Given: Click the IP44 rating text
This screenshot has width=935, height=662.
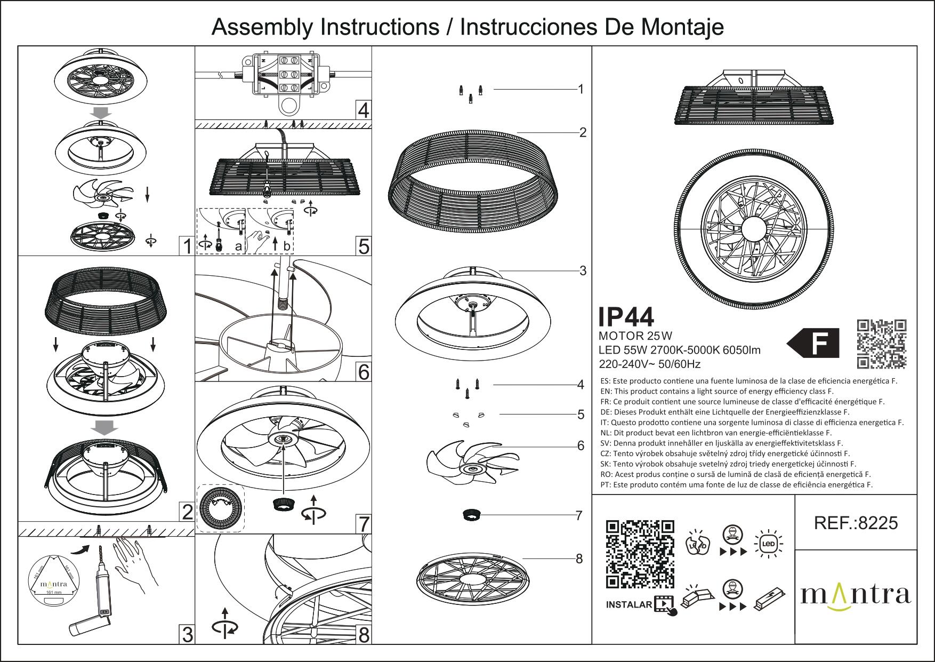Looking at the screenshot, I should tap(626, 317).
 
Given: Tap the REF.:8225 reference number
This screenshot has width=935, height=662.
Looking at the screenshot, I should tap(856, 523).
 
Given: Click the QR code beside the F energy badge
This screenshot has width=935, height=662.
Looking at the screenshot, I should tap(881, 344).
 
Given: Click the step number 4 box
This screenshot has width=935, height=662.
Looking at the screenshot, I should tap(363, 110).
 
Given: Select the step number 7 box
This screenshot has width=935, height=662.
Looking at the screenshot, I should tap(363, 524).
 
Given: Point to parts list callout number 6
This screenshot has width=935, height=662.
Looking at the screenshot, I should tap(581, 445).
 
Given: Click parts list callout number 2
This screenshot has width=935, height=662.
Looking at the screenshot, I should tap(583, 132).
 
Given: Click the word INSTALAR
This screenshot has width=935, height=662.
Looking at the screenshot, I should tap(629, 604).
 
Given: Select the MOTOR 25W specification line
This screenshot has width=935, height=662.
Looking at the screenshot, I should tap(635, 336).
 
